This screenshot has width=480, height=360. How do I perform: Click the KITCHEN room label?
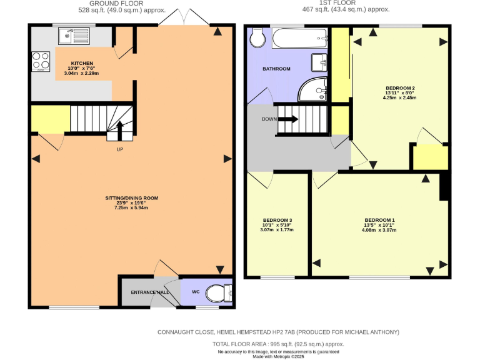point(82,63)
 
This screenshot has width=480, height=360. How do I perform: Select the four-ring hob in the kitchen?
point(41,61)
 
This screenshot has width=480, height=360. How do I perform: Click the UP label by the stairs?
point(119,149)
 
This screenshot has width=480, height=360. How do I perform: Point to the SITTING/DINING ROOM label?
point(131,198)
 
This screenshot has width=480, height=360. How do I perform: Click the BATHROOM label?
point(276,69)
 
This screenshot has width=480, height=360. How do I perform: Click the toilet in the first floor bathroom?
point(256,39)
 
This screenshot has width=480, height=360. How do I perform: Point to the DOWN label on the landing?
point(269,119)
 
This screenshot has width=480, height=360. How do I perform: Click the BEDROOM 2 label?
point(400,88)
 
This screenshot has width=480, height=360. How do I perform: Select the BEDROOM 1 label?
point(379,220)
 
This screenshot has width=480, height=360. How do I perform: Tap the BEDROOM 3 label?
point(277,221)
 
